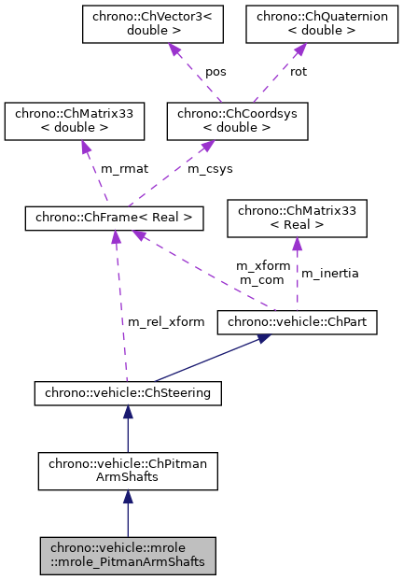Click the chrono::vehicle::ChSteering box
tap(128, 393)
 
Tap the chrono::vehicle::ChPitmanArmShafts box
tap(128, 471)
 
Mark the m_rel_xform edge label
tap(166, 322)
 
